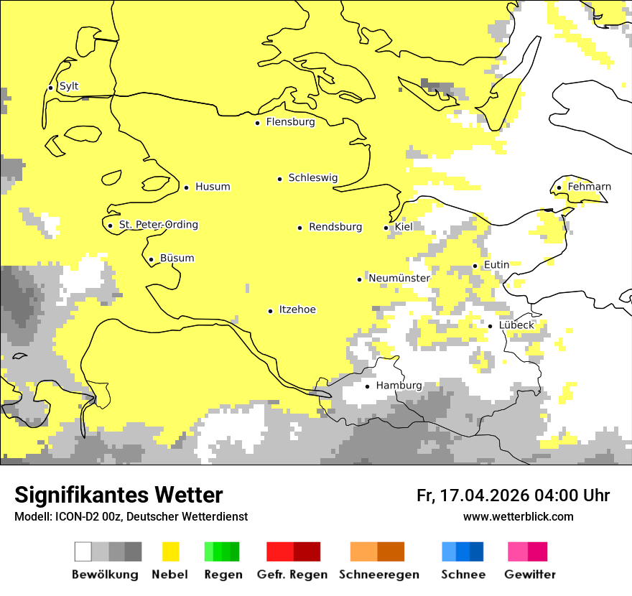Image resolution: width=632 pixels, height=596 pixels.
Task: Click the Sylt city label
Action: point(69,86)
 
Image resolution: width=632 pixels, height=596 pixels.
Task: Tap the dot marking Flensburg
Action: point(257,123)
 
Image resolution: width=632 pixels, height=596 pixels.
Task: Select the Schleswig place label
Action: point(312,178)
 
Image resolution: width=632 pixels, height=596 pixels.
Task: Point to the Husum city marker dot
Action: point(186,187)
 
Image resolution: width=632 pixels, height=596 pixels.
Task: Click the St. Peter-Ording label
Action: point(158,225)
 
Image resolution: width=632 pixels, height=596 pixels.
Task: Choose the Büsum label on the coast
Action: point(177,259)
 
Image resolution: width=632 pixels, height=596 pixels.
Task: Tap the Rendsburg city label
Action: point(335,227)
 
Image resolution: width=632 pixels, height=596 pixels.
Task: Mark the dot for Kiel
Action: point(386,228)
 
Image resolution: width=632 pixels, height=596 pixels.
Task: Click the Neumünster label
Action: point(399,278)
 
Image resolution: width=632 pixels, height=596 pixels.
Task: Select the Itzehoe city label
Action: point(297,309)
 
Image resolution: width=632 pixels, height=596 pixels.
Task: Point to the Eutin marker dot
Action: point(475,266)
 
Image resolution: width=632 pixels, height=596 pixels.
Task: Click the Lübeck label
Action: point(516,325)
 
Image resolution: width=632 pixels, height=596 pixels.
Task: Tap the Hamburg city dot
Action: point(367,386)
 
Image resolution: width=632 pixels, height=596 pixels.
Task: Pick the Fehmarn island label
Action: point(589,187)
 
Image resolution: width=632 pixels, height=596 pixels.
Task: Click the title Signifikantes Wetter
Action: point(118,495)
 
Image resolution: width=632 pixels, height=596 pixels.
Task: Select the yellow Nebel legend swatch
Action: point(171,551)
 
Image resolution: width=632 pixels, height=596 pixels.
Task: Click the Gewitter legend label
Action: point(529,574)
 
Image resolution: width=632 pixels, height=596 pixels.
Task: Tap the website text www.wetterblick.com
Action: point(518,516)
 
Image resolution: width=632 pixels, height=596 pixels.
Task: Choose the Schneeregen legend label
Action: point(378,574)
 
